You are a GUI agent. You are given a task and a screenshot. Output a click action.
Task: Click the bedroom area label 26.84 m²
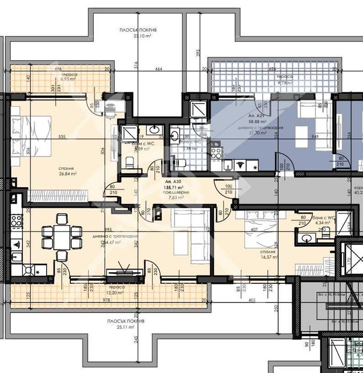pos(68,173)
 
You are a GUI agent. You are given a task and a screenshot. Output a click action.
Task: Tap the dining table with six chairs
pos(61,234)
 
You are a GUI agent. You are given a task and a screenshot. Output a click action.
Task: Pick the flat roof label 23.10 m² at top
pos(138,37)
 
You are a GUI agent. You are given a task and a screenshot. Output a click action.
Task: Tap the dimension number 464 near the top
pos(159,69)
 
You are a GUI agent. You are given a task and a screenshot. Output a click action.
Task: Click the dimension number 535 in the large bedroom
pos(62,137)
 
